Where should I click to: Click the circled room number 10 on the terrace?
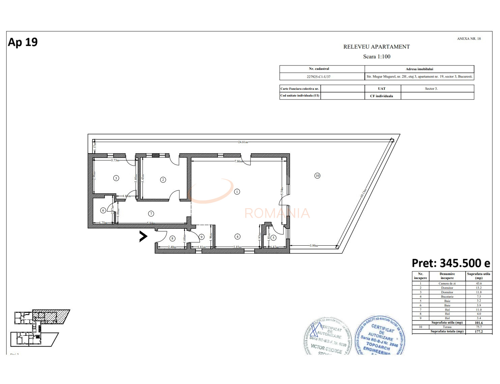[x=317, y=175]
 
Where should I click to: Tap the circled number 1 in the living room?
[x=237, y=192]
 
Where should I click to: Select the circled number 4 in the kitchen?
[x=237, y=237]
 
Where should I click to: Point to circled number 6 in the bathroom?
[x=103, y=210]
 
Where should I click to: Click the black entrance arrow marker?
[x=143, y=237]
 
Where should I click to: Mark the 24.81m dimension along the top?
[x=243, y=142]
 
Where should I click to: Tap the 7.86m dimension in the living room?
[x=238, y=161]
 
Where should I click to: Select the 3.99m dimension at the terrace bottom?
[x=314, y=246]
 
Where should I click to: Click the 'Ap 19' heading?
[x=23, y=42]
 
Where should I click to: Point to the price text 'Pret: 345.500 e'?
[x=451, y=263]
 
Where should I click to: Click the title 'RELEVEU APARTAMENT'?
[x=376, y=47]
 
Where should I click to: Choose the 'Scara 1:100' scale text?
[x=377, y=57]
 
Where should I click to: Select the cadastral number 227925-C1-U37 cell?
[x=318, y=77]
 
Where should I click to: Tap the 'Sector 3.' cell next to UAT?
[x=431, y=89]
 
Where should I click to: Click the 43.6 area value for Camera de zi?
[x=478, y=283]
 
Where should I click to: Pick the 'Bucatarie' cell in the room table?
[x=447, y=297]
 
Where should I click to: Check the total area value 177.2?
[x=478, y=331]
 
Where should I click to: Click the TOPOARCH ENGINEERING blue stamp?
[x=380, y=336]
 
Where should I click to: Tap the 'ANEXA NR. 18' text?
[x=469, y=39]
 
